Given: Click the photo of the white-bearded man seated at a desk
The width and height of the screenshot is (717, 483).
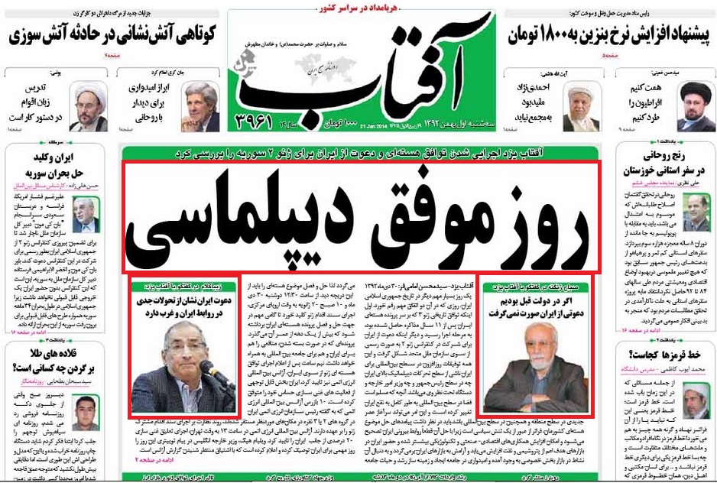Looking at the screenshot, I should pyautogui.click(x=530, y=375).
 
